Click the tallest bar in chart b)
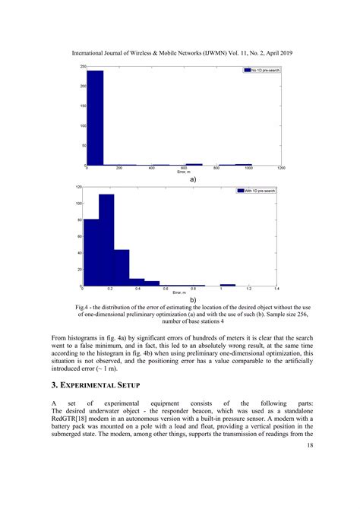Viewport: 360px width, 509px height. (x=106, y=240)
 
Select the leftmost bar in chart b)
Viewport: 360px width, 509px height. (x=91, y=252)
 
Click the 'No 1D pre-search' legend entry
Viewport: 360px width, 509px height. (x=262, y=70)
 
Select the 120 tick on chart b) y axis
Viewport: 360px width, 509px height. (x=80, y=187)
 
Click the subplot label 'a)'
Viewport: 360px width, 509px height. (x=193, y=179)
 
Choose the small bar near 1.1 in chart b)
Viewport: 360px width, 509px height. (x=228, y=285)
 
